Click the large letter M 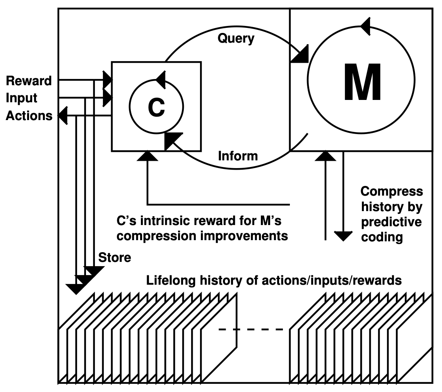[363, 82]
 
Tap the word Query [236, 38]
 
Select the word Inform [238, 156]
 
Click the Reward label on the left [29, 81]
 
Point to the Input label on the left [21, 98]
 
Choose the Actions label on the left [29, 116]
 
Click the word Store [115, 258]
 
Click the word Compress [392, 192]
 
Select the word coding [382, 237]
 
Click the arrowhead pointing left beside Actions [63, 116]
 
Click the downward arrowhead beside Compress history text [343, 236]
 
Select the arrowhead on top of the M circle [365, 26]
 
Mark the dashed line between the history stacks [251, 329]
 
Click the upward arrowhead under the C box [147, 156]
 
